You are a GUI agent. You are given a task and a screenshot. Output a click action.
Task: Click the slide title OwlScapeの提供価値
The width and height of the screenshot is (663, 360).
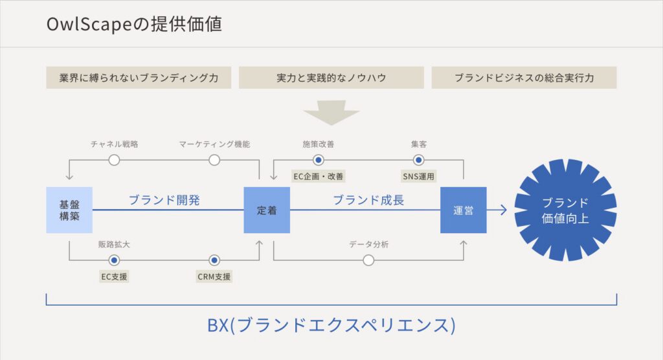point(134,25)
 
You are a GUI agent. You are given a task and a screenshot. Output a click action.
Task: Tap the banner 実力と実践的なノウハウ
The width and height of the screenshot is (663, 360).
point(331,78)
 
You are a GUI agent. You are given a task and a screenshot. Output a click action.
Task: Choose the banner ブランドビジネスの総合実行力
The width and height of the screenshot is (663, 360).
point(524,78)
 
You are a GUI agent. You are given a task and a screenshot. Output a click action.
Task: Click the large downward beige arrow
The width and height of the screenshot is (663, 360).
point(331,113)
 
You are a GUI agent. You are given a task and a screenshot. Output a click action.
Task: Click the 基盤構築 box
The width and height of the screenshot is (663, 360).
point(69,210)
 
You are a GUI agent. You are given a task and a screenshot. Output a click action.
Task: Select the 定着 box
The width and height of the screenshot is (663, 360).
point(266,210)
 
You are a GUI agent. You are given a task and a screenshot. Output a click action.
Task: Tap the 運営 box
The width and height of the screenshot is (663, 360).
point(463,210)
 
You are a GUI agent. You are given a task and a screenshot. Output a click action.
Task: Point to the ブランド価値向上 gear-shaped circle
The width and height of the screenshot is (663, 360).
point(565,210)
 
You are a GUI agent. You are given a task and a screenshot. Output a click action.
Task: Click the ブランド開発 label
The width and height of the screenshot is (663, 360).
point(164,200)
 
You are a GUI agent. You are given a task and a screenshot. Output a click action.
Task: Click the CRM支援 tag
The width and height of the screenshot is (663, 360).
point(214,277)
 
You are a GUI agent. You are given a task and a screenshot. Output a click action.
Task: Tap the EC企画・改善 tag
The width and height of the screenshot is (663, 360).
point(318,175)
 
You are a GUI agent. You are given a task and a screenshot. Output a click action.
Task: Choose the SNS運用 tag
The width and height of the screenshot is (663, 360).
point(418,175)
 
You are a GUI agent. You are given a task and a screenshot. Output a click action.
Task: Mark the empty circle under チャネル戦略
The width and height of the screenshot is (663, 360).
point(114,160)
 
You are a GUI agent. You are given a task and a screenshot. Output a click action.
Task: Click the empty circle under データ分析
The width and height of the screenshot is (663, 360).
point(368,260)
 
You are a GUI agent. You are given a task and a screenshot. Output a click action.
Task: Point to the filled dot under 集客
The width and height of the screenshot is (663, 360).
point(418,160)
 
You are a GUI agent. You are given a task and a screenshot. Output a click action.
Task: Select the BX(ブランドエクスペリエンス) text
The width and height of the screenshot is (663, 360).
point(331,324)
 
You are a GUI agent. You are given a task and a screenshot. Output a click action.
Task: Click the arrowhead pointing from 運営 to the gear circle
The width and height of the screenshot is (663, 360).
point(502,210)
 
